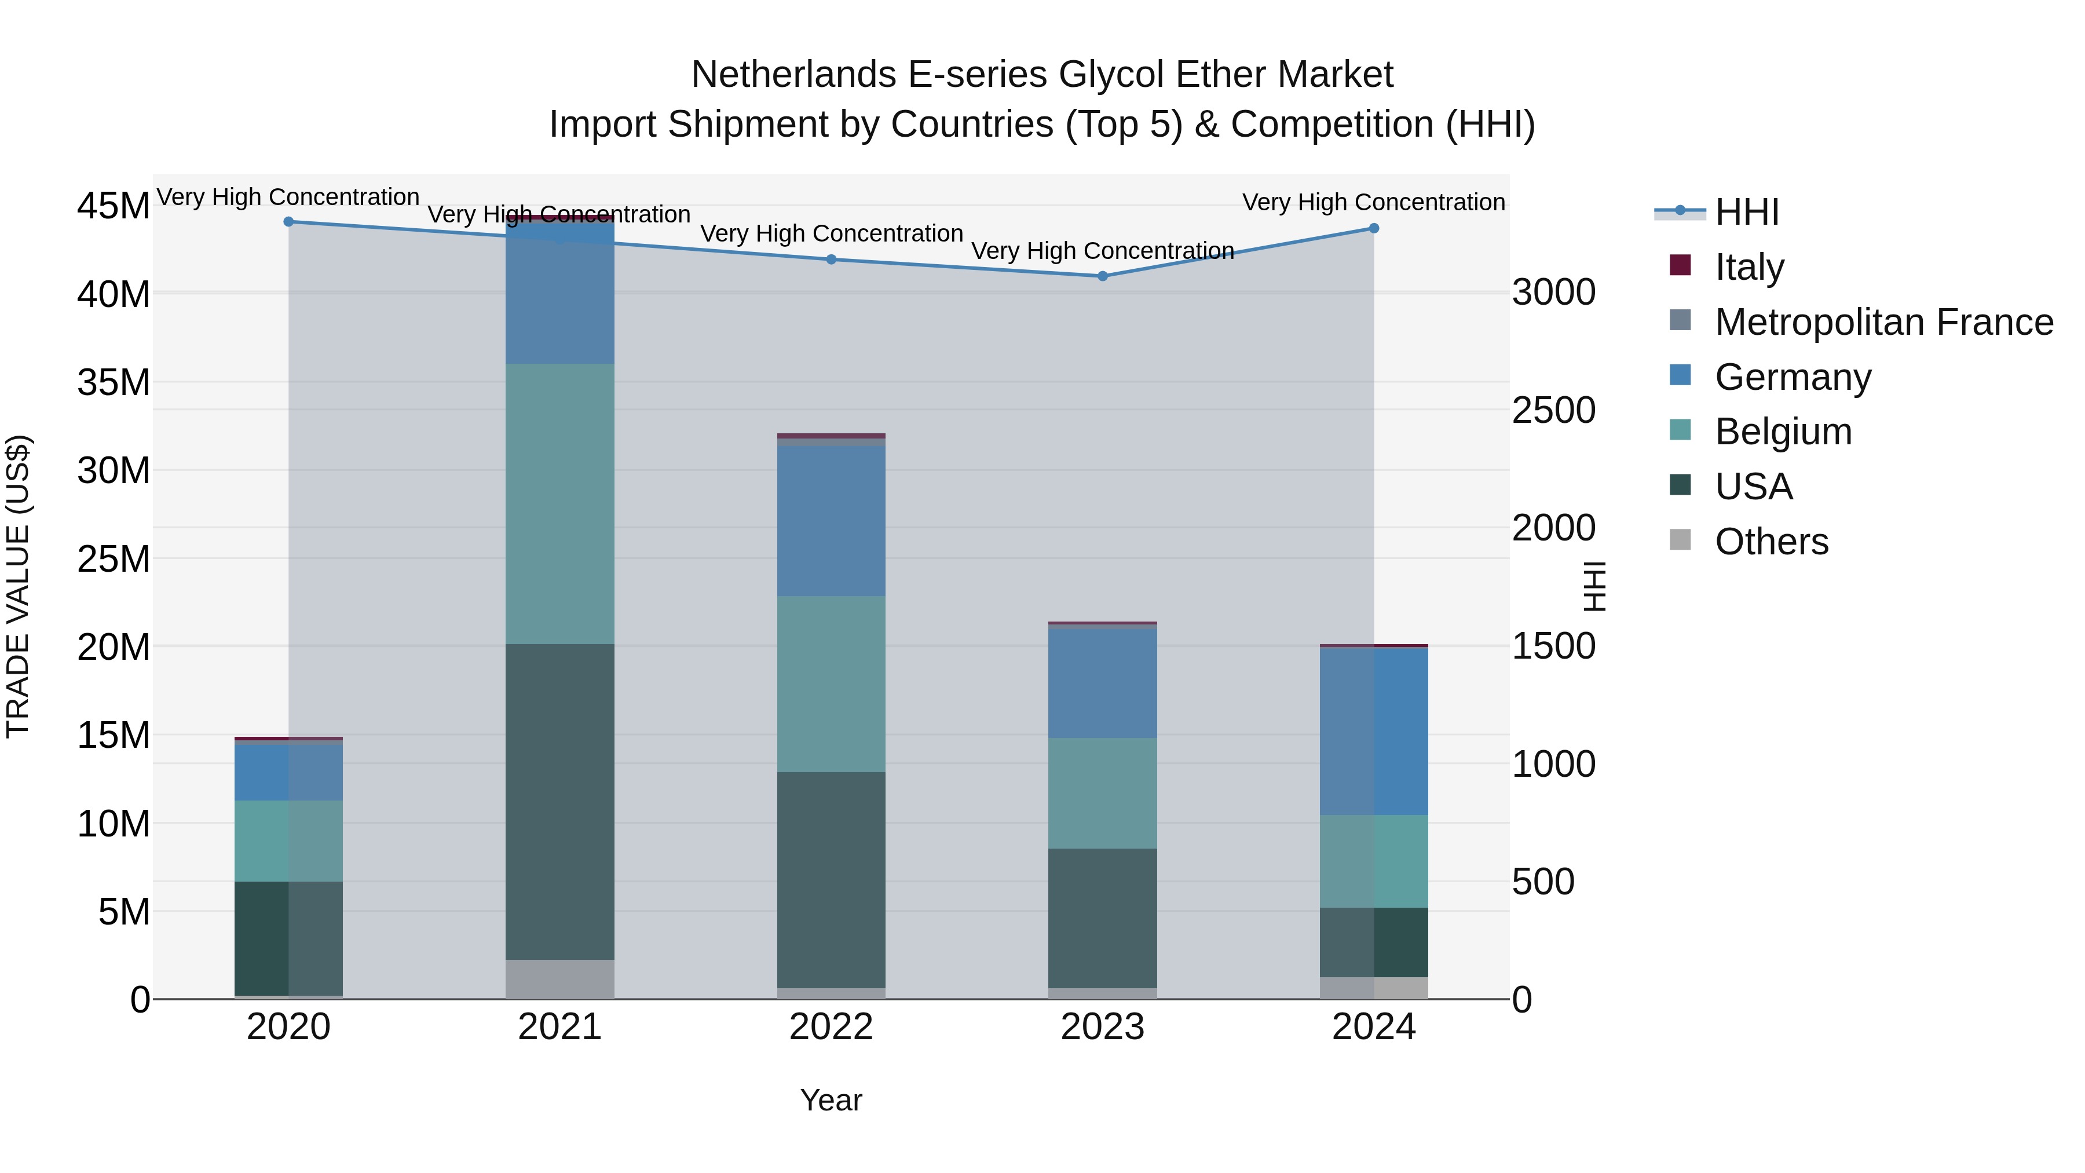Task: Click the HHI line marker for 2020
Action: [288, 222]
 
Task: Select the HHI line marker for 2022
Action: [831, 260]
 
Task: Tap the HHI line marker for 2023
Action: [1102, 276]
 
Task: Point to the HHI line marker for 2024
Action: [1374, 228]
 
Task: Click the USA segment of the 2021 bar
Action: [560, 802]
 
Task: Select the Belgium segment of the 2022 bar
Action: [831, 684]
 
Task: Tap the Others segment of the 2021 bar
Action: [560, 979]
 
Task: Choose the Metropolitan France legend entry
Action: [1883, 322]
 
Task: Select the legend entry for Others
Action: [1771, 542]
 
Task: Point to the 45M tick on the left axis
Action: [114, 206]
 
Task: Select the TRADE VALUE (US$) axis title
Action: [19, 586]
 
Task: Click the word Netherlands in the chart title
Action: [793, 75]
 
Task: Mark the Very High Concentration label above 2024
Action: [1374, 202]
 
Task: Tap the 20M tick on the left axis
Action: [114, 648]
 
